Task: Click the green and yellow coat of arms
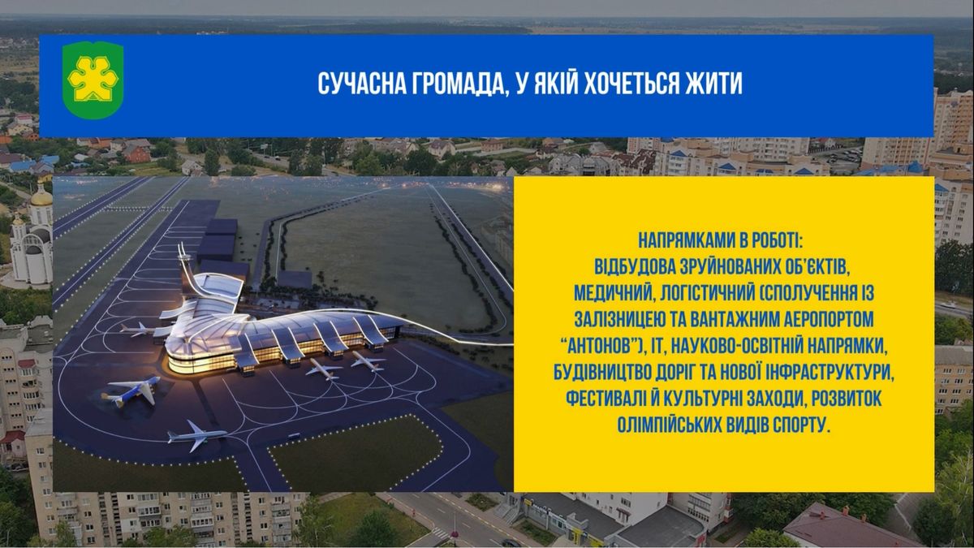(93, 80)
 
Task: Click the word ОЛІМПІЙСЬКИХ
(668, 425)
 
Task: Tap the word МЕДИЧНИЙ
(614, 293)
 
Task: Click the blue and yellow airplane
(131, 391)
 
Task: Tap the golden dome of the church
(41, 198)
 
